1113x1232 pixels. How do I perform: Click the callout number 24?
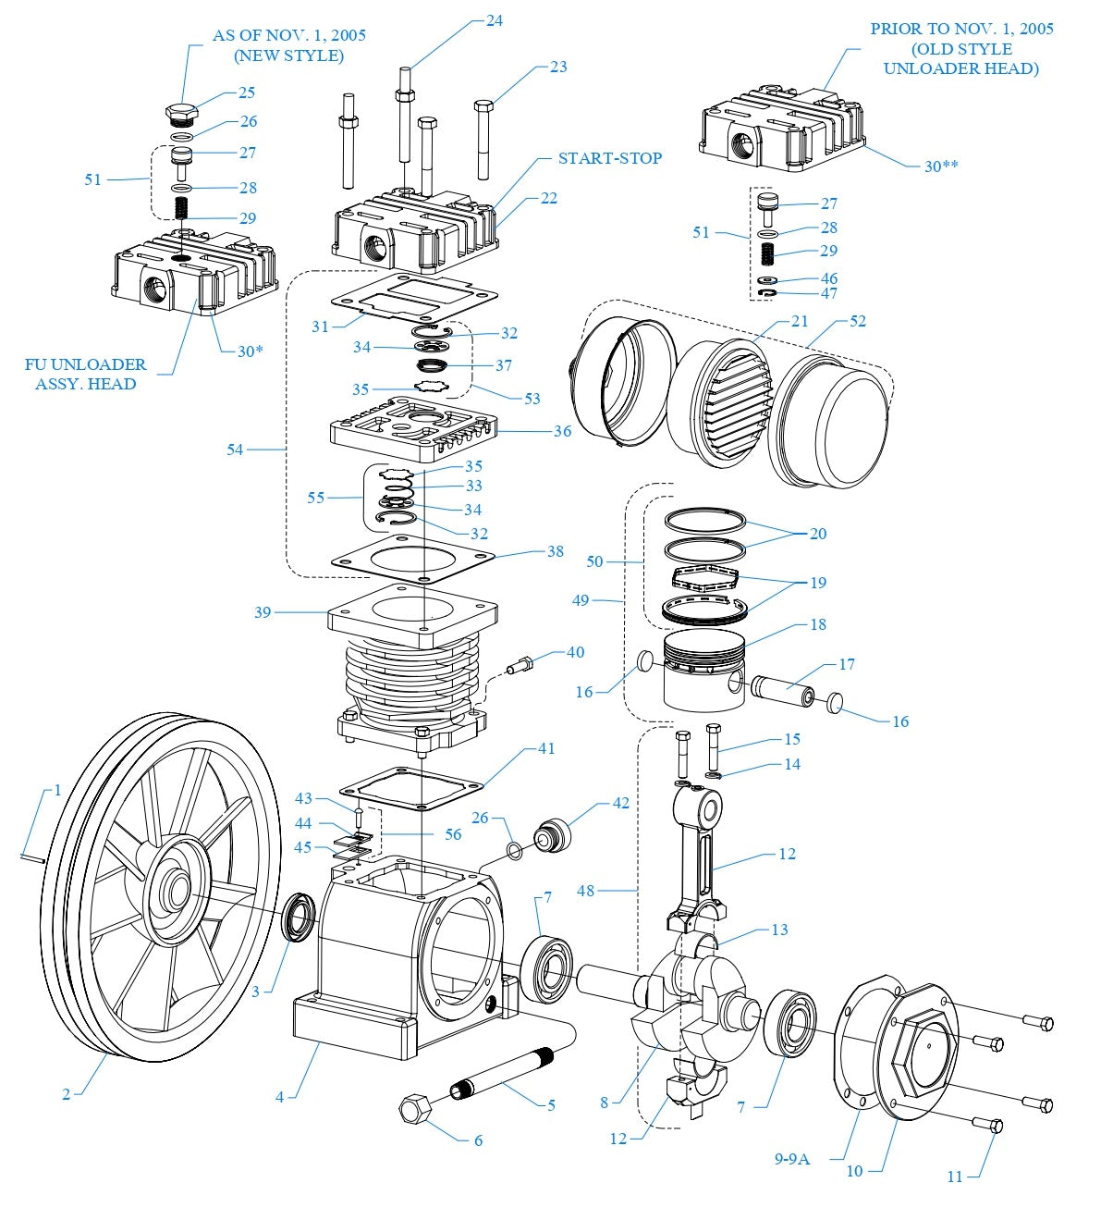tap(495, 20)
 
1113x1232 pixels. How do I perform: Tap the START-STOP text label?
tap(610, 158)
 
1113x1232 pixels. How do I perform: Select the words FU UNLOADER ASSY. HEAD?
tap(85, 375)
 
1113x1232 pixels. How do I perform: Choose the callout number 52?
tap(857, 321)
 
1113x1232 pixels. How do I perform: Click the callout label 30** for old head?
tap(941, 166)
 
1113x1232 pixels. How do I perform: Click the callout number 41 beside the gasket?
tap(546, 747)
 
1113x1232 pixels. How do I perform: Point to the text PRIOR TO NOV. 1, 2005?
tap(961, 29)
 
